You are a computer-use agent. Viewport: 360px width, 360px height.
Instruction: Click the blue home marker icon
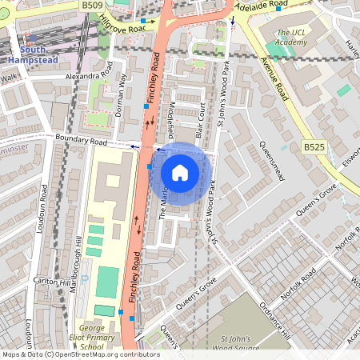180,172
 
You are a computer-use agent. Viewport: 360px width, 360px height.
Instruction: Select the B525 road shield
314,147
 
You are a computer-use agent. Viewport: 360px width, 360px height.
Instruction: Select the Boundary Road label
81,140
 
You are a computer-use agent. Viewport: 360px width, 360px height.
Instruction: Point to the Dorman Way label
122,95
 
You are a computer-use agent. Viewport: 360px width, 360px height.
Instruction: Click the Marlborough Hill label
78,264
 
